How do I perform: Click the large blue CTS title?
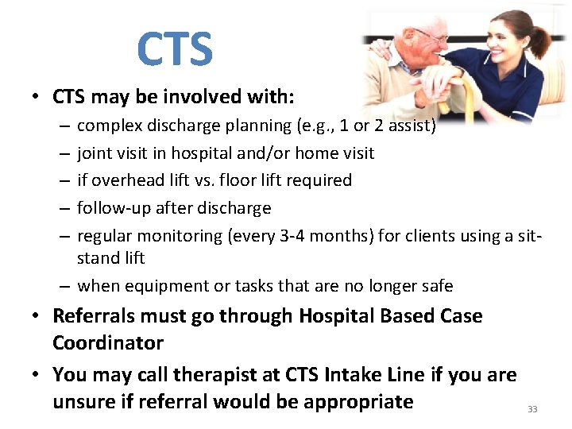tap(175, 48)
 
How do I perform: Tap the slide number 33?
tap(532, 409)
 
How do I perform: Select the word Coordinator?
tap(108, 343)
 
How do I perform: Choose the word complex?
tap(106, 126)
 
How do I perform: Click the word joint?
tap(93, 153)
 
